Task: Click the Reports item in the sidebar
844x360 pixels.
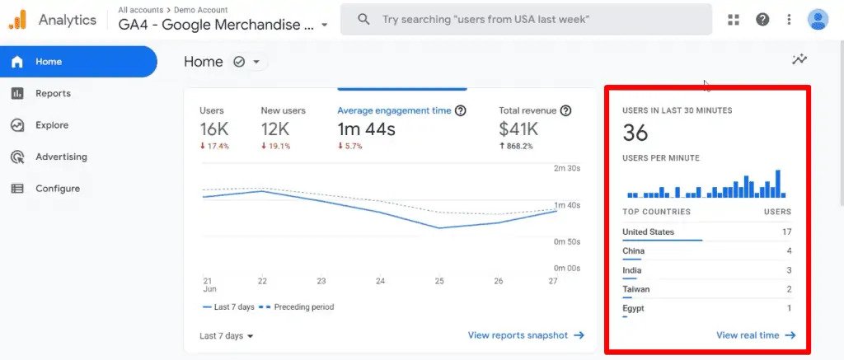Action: [53, 93]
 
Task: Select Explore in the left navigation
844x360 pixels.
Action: [52, 125]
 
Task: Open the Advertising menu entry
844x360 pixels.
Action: [61, 157]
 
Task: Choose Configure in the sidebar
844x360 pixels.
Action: [58, 189]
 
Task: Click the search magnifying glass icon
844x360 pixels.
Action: [363, 20]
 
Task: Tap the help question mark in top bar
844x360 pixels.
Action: [762, 20]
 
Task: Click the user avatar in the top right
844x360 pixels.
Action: [818, 20]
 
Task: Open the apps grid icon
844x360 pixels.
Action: [733, 20]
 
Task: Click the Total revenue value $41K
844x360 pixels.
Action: [518, 129]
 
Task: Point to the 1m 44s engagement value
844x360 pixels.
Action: [366, 129]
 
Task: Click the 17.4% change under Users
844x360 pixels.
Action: [214, 146]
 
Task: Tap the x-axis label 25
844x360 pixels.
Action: [439, 281]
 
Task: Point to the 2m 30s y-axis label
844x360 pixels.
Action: [567, 168]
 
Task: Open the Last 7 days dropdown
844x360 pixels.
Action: [227, 336]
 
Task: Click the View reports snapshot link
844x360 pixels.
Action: [526, 335]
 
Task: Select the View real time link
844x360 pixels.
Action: [756, 335]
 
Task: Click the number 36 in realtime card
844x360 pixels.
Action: [635, 133]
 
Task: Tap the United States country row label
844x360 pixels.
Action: [648, 232]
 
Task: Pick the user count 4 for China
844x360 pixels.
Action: [789, 250]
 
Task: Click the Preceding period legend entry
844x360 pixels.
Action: [296, 307]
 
